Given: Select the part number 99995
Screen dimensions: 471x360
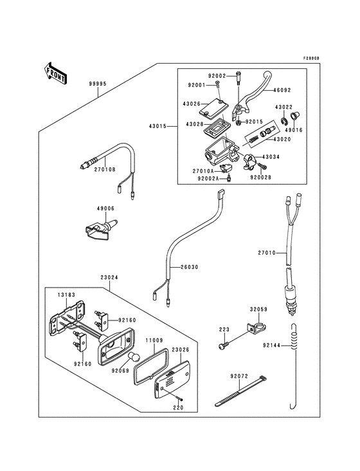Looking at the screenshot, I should [x=98, y=84].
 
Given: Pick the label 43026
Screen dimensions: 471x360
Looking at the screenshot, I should [x=192, y=104].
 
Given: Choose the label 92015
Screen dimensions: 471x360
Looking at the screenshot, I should [x=255, y=120].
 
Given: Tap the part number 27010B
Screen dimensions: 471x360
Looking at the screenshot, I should [x=105, y=170].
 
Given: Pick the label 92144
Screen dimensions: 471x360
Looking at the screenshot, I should [x=271, y=344].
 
